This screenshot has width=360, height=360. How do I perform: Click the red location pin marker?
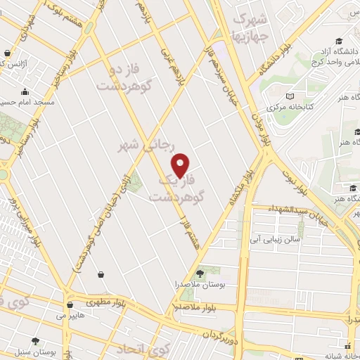coord(181,165)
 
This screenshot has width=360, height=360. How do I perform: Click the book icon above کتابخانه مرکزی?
coord(290,96)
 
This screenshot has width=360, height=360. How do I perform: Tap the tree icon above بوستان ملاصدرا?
coord(201,272)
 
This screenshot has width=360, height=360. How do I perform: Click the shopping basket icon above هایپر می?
coord(70,305)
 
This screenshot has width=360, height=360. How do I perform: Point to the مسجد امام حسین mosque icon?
coord(25,91)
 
